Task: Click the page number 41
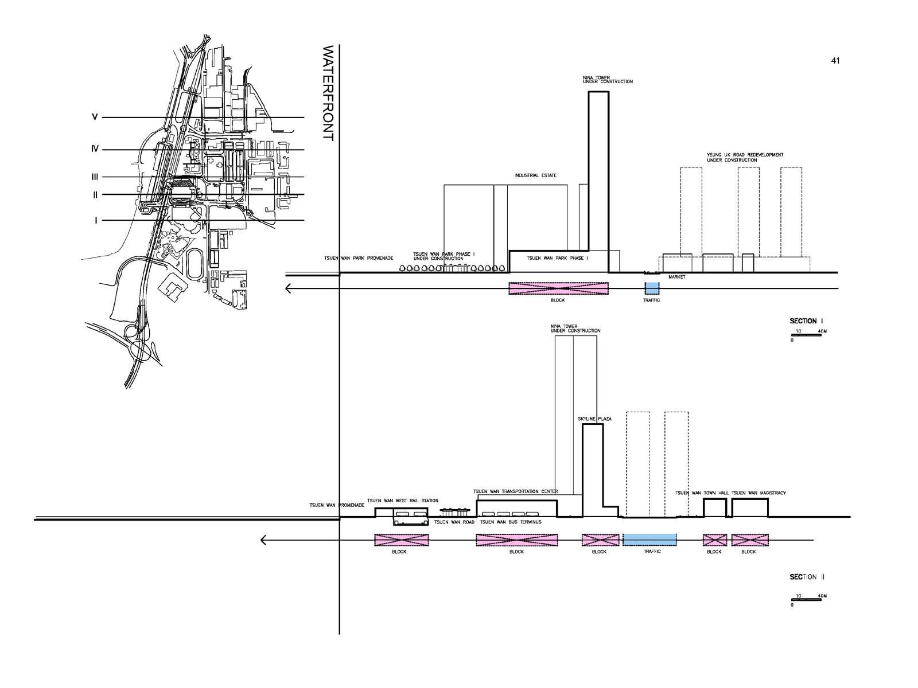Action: (x=835, y=61)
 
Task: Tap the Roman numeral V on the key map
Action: (x=95, y=118)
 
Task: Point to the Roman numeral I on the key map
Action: (x=96, y=221)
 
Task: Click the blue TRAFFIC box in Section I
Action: (x=652, y=288)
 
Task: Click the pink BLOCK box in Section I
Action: (x=558, y=288)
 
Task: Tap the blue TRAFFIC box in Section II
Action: (x=649, y=540)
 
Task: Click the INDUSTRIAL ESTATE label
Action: (x=535, y=175)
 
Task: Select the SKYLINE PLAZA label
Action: (x=594, y=419)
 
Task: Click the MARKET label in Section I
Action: (x=676, y=277)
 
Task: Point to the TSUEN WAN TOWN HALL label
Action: (x=701, y=493)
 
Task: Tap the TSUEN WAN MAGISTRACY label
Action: (x=758, y=493)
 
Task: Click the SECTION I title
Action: (x=806, y=321)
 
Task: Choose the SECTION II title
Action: (x=807, y=577)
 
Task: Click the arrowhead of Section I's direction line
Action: (x=289, y=288)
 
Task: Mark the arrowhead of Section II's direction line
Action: (x=263, y=540)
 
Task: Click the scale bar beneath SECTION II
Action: (x=808, y=600)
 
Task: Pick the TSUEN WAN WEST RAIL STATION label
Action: (x=402, y=501)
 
